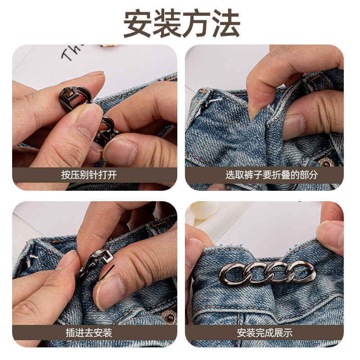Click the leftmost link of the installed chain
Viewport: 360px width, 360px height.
[x=233, y=274]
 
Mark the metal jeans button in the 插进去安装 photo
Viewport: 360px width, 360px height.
[x=168, y=315]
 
